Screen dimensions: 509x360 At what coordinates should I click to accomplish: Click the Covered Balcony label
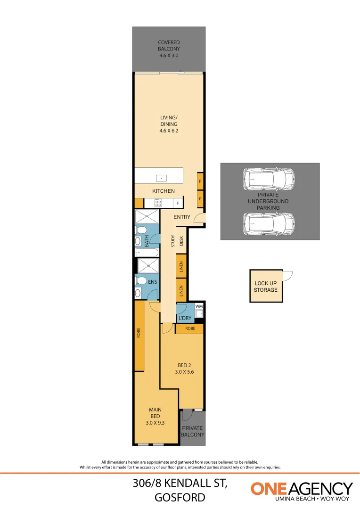tap(169, 49)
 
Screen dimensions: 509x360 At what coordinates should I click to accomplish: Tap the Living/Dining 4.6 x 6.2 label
tap(169, 124)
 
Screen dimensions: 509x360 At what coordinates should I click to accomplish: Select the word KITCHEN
tap(164, 191)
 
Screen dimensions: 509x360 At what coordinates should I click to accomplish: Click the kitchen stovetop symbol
tap(158, 203)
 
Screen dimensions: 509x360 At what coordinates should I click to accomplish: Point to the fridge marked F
tap(178, 203)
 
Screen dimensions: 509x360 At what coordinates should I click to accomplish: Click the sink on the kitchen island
tap(162, 179)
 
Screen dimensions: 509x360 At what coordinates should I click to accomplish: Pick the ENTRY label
tap(181, 217)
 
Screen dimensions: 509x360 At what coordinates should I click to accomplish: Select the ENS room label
tap(152, 282)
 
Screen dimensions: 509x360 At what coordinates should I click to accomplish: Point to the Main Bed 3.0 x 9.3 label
tap(155, 416)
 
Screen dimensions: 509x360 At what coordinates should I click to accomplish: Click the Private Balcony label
tap(193, 431)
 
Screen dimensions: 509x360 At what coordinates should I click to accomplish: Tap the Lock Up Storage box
tap(266, 287)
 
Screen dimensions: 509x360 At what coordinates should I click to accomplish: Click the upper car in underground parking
tap(269, 180)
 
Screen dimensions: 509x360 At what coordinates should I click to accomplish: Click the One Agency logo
tap(302, 491)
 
